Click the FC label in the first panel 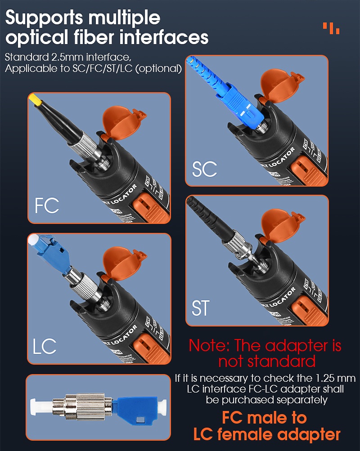click(x=47, y=205)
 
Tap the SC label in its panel click(x=204, y=169)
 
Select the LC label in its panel click(x=45, y=346)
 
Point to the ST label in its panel click(x=201, y=309)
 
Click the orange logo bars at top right click(x=331, y=27)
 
